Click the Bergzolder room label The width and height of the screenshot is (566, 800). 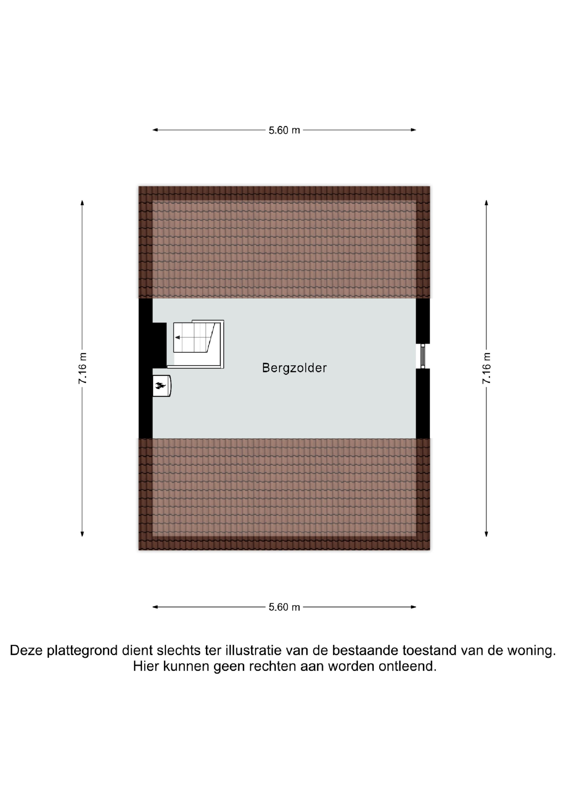point(294,368)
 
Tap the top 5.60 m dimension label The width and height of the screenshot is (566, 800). point(284,130)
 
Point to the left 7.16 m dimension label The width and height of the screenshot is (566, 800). point(83,368)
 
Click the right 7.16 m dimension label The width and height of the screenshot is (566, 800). point(486,368)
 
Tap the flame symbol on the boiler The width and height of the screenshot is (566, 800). point(160,385)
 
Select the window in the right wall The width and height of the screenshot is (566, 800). point(423,356)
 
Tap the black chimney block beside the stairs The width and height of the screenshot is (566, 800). point(159,345)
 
